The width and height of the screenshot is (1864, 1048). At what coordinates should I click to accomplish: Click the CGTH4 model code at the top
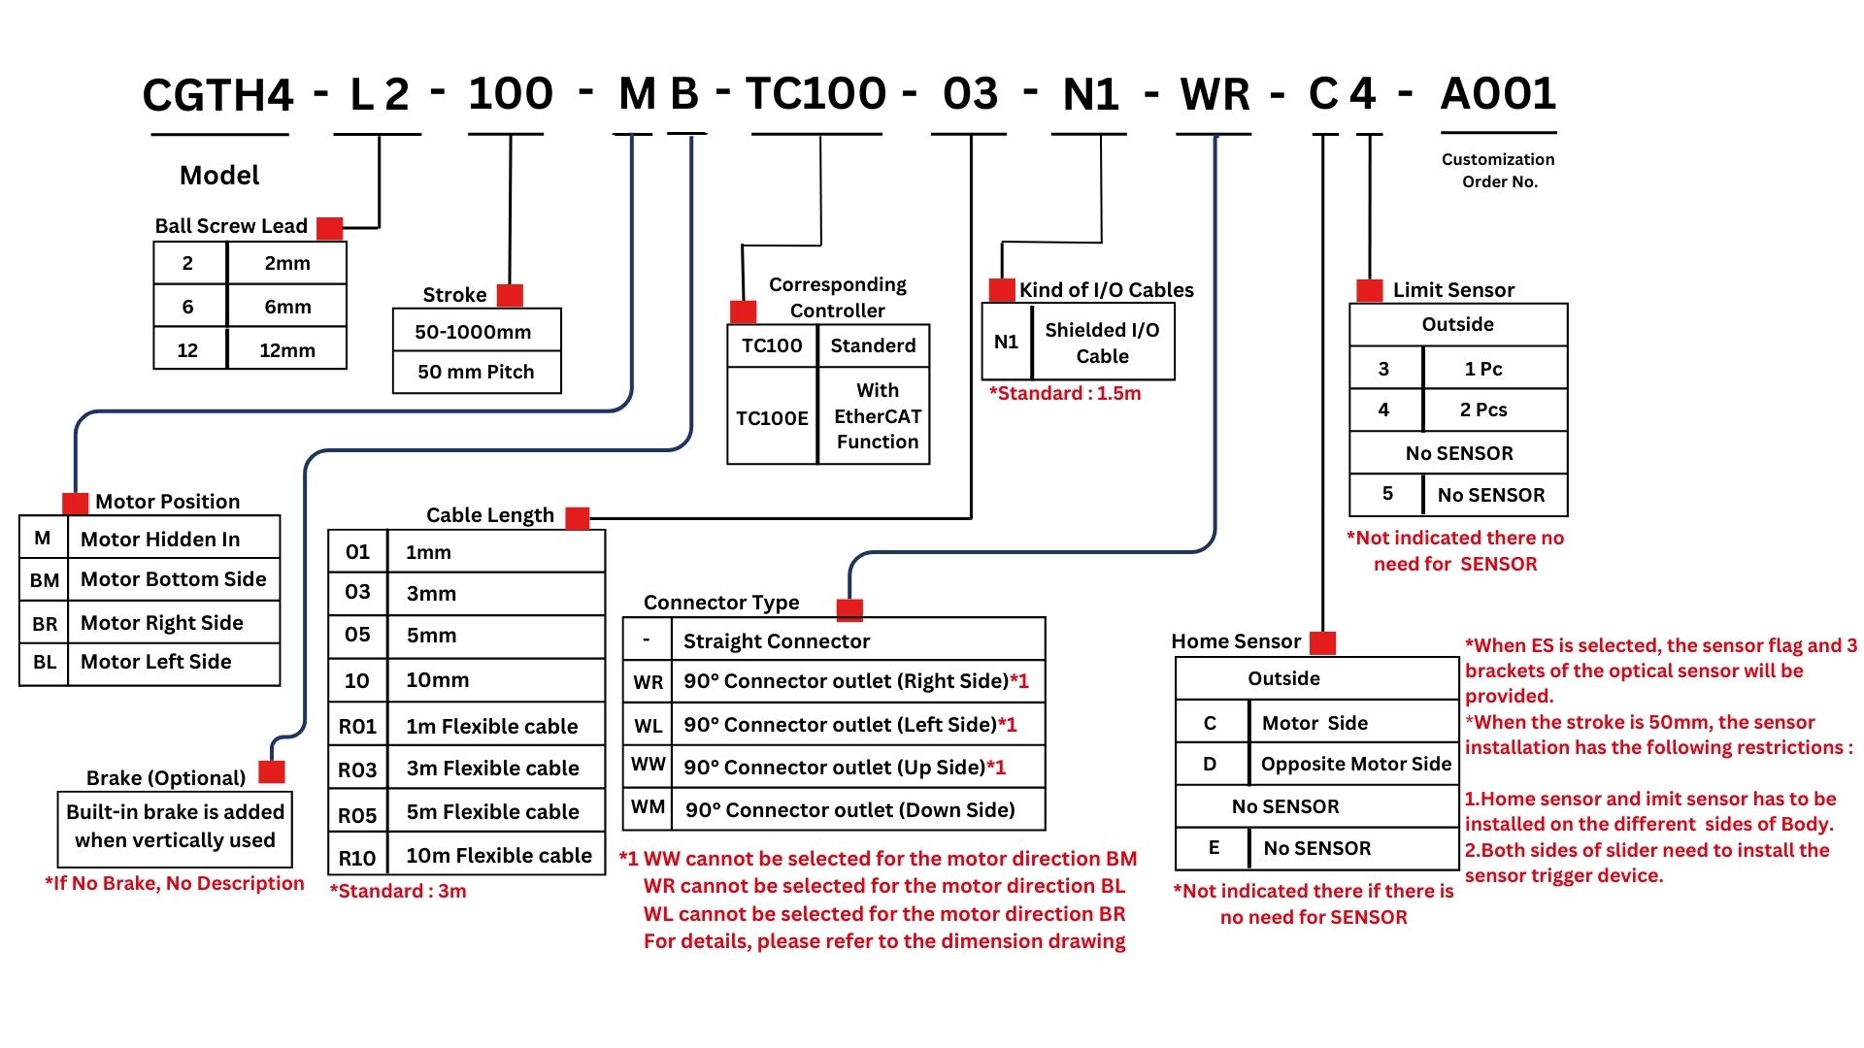click(x=217, y=95)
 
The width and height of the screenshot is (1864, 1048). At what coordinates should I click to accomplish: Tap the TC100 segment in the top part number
click(x=815, y=94)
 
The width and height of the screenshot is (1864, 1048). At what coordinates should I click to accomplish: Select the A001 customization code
click(x=1498, y=94)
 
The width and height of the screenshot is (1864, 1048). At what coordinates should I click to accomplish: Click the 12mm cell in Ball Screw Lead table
click(x=286, y=350)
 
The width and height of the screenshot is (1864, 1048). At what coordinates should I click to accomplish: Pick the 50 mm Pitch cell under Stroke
click(x=476, y=372)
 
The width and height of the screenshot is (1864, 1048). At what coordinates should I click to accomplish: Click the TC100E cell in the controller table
click(x=772, y=418)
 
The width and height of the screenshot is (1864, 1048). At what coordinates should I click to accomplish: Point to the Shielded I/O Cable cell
click(x=1102, y=343)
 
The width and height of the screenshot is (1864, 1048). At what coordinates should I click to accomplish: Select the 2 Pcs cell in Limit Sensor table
click(x=1483, y=409)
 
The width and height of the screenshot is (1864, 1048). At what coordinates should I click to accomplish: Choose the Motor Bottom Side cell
click(x=173, y=579)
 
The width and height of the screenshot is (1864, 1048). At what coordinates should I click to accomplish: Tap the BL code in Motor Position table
click(x=45, y=663)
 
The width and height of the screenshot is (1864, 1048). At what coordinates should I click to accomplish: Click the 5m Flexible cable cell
click(x=492, y=811)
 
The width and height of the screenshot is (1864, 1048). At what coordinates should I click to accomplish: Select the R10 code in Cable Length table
click(x=356, y=858)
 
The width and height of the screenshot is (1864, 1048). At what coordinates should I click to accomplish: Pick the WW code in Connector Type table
click(x=649, y=765)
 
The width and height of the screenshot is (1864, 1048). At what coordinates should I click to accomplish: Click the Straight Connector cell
click(x=777, y=641)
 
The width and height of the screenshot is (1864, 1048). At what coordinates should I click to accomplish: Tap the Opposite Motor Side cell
click(x=1355, y=764)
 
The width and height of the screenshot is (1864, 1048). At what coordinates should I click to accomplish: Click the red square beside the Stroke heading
click(x=510, y=295)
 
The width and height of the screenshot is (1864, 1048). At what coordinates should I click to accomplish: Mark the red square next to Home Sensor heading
click(x=1322, y=642)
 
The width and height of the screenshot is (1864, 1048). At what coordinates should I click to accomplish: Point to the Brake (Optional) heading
click(x=166, y=778)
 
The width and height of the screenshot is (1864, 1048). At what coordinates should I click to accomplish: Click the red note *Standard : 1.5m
click(x=1065, y=393)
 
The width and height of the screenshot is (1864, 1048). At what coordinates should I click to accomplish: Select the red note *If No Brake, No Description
click(x=175, y=883)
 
